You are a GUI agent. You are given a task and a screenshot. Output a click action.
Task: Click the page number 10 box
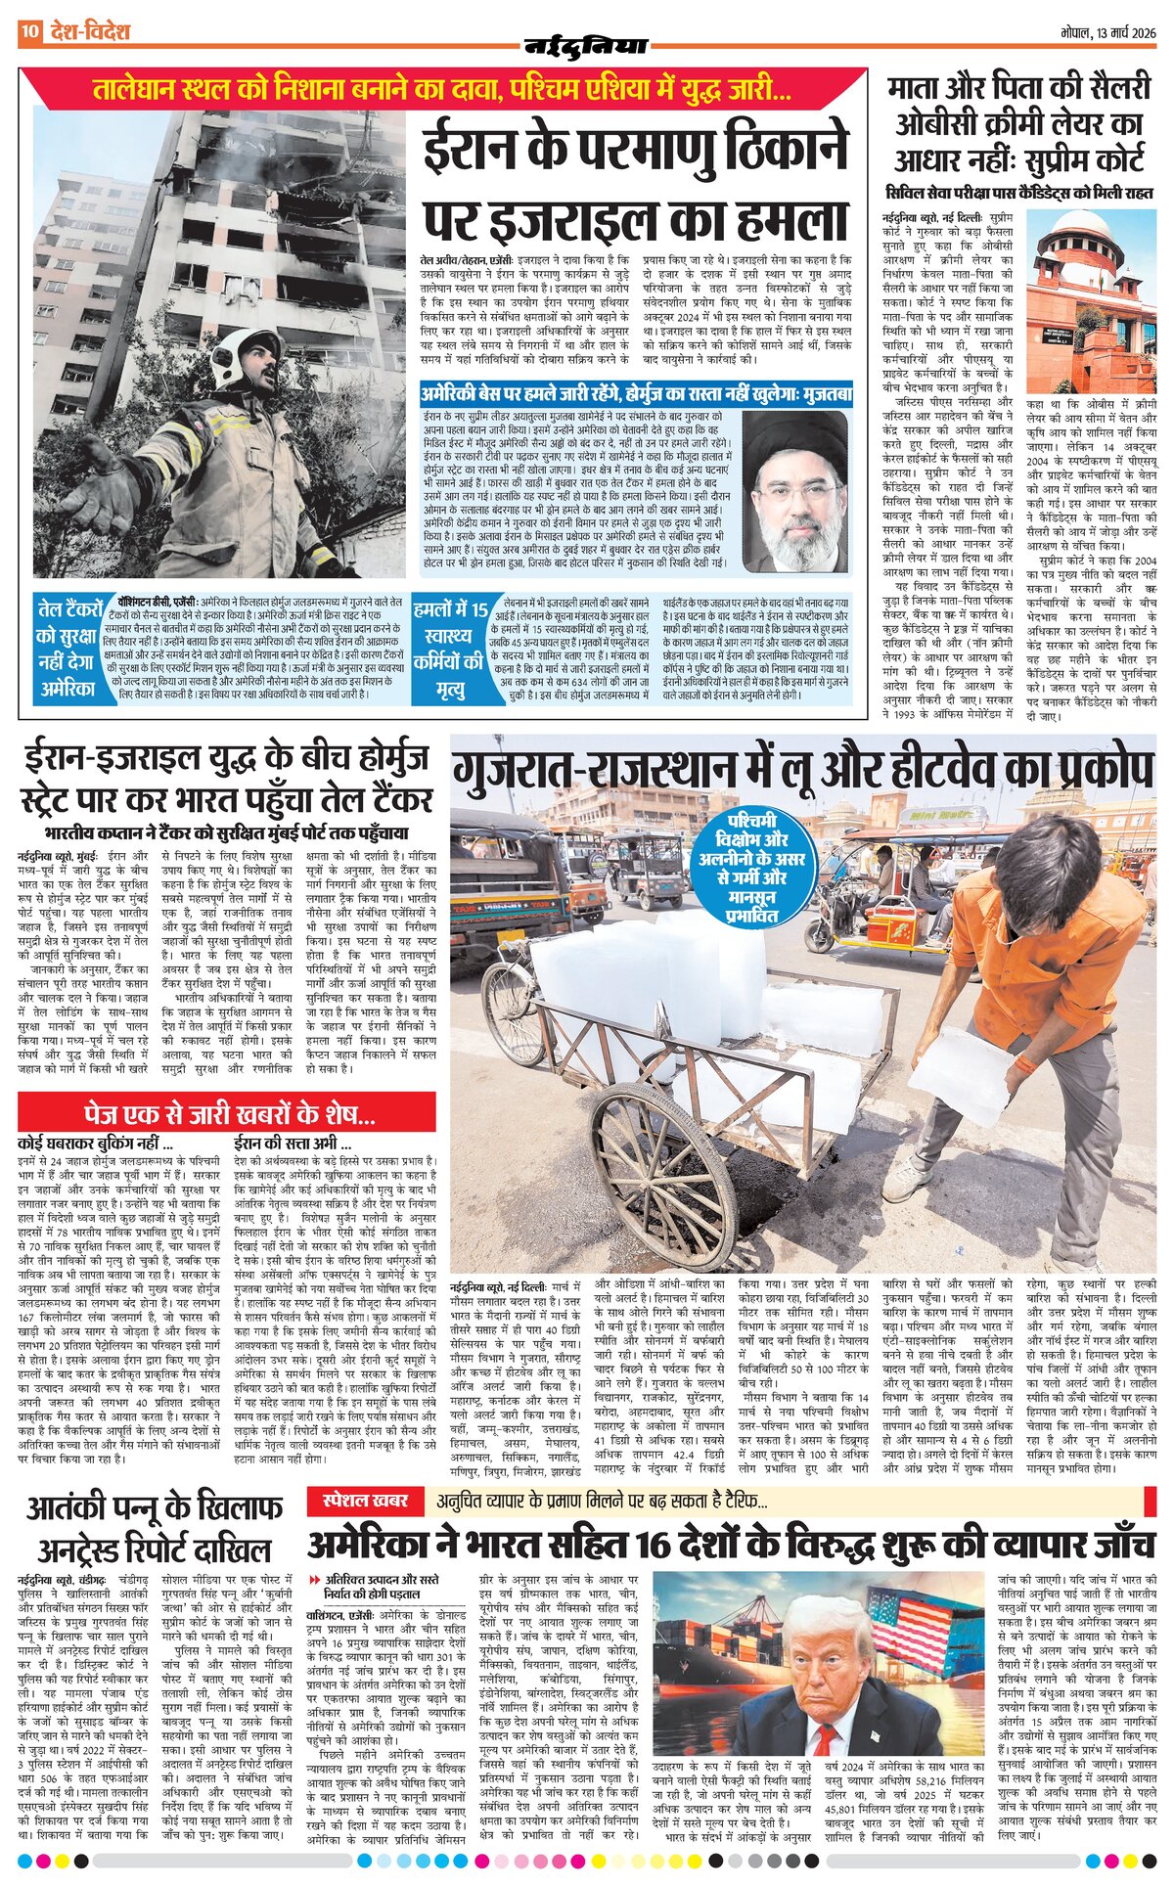[x=29, y=32]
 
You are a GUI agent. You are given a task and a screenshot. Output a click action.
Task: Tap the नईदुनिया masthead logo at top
[x=586, y=45]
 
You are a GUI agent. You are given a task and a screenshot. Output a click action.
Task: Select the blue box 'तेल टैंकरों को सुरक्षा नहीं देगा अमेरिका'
[x=69, y=648]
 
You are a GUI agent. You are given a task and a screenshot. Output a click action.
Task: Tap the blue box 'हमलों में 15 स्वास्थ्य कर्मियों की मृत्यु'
[x=450, y=649]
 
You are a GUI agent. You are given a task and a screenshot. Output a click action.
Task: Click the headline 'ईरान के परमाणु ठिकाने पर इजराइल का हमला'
[x=636, y=185]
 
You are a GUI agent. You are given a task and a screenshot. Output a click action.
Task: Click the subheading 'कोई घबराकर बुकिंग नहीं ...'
[x=96, y=1144]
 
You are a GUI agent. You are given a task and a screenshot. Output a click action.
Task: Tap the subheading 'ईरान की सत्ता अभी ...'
[x=293, y=1144]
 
